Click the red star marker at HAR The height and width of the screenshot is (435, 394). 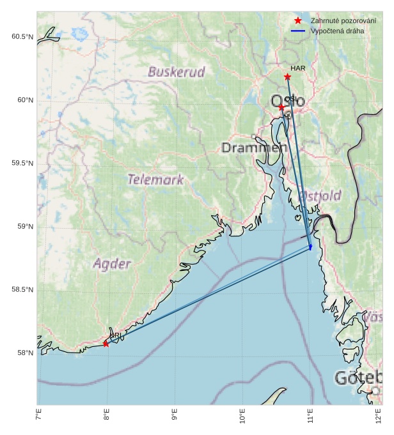pos(287,77)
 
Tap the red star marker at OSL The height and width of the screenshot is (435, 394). pos(281,107)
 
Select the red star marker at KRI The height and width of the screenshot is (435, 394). pos(106,344)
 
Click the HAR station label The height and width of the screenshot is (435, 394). pos(297,68)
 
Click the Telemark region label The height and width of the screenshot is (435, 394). pos(155,179)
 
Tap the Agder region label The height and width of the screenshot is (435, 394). pos(112,263)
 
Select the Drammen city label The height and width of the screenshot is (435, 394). pos(254,148)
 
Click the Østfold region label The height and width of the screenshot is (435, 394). pos(320,195)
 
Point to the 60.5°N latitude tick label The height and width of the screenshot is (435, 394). pos(22,36)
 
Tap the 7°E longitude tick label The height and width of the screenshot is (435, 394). pos(38,418)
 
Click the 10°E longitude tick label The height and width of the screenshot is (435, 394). pos(242,418)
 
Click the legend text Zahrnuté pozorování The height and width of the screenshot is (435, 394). pos(343,20)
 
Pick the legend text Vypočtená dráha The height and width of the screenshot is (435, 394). pos(338,31)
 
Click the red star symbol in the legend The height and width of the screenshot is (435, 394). pos(298,20)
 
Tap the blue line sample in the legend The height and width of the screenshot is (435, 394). pos(298,31)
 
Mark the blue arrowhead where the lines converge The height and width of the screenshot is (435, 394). pos(311,247)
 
